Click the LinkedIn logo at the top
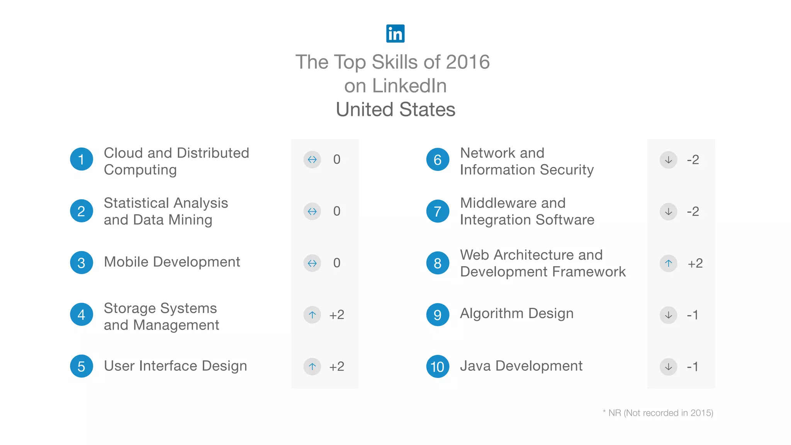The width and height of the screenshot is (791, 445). point(395,34)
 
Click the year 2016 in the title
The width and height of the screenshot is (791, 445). point(468,62)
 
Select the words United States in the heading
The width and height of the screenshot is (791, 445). point(395,109)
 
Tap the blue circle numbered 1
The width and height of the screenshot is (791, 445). point(81,159)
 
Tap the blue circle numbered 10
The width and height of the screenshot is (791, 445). point(438,367)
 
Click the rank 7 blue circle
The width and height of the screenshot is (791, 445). point(438,211)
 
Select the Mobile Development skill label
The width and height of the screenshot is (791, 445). point(172,262)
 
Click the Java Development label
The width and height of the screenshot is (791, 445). point(521,366)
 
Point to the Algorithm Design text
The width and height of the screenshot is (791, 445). point(516,313)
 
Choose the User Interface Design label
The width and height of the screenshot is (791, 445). point(175,366)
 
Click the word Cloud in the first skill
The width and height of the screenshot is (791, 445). point(124,153)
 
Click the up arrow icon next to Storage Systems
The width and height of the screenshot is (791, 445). point(312,315)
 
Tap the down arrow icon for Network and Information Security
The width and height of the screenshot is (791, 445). point(668,160)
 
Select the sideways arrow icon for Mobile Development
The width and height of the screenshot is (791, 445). point(312,263)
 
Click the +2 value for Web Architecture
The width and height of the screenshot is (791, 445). point(695,263)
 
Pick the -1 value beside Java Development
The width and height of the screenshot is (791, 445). point(693,367)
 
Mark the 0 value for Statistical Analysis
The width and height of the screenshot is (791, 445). point(336,211)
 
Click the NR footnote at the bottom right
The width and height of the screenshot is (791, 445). point(658,413)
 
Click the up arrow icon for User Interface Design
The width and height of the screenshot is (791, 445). point(312,367)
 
